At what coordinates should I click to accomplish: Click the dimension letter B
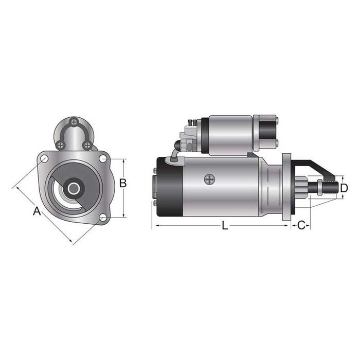123,183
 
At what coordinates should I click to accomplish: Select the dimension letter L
225,226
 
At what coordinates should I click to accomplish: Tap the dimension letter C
302,225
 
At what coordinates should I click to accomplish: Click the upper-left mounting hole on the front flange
45,157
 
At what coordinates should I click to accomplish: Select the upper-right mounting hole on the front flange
102,157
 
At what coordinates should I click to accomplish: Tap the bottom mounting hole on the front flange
102,218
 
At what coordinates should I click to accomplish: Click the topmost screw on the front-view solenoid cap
75,122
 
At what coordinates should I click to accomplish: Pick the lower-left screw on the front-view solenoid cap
61,145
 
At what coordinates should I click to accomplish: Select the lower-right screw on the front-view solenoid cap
87,145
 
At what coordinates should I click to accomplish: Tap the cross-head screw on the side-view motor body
208,179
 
